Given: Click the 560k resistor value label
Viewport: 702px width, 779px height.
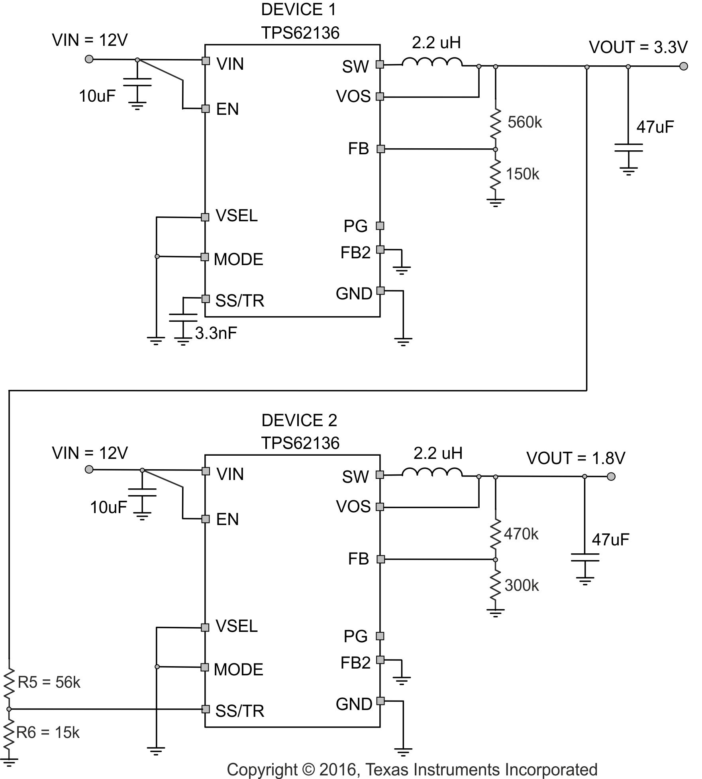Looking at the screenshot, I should tap(524, 122).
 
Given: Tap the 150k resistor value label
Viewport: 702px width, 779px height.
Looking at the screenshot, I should tap(522, 174).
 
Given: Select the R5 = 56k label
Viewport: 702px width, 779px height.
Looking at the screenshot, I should tap(49, 682).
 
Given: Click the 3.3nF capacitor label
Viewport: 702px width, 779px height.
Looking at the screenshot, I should tap(216, 333).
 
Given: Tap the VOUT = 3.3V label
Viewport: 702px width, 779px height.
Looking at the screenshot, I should tap(638, 47).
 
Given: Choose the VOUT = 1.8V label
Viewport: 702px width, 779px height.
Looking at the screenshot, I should tap(576, 458).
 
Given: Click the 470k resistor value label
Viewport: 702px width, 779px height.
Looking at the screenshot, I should tap(521, 534).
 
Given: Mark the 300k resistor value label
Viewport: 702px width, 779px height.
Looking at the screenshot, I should tap(521, 585).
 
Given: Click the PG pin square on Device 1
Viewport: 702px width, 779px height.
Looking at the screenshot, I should tap(380, 226).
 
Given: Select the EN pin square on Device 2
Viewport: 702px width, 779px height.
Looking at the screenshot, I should tap(206, 519).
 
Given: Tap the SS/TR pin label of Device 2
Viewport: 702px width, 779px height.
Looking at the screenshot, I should tap(239, 711).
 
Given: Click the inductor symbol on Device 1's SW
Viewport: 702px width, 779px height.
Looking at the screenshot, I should tap(432, 63).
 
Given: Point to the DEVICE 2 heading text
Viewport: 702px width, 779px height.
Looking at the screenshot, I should tap(299, 420).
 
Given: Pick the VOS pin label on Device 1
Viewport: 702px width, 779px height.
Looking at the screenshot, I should tap(353, 96).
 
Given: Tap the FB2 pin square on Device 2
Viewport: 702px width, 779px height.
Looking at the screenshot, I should tap(380, 660).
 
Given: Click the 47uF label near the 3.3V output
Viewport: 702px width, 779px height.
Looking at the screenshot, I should tap(655, 127).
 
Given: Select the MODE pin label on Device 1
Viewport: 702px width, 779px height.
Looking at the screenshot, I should tap(238, 259).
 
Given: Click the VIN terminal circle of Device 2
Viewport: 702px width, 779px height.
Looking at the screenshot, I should tap(89, 470).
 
